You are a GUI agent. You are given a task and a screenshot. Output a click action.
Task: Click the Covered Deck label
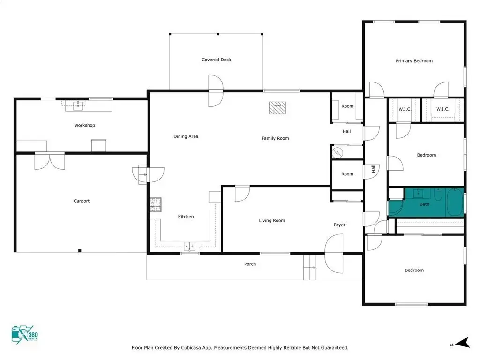(x=216, y=60)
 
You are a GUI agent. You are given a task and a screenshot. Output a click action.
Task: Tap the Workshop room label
(x=84, y=125)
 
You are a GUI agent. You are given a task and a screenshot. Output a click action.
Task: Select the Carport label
(x=82, y=201)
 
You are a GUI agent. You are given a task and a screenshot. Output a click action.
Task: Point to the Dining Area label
(x=186, y=136)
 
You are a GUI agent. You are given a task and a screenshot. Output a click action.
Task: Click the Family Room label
(x=275, y=138)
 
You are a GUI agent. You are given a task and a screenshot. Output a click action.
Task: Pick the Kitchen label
(x=186, y=217)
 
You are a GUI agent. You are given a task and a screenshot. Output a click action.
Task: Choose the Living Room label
(x=272, y=220)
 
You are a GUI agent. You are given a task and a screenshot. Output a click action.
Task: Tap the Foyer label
(x=339, y=225)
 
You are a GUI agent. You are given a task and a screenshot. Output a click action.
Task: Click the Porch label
(x=250, y=264)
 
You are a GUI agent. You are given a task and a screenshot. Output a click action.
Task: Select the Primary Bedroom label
(x=414, y=61)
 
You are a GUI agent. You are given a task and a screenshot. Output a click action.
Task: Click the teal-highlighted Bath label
(x=425, y=204)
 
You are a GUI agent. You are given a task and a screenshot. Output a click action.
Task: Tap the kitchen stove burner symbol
(x=156, y=204)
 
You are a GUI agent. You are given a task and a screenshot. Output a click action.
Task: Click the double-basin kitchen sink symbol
(x=189, y=246)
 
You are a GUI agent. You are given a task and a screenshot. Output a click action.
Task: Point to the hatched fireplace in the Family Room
(x=277, y=108)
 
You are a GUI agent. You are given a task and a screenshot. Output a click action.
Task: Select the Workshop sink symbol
(x=78, y=106)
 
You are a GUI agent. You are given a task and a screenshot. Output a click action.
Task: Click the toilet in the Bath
(x=438, y=195)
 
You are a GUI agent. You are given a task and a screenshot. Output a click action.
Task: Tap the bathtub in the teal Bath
(x=455, y=202)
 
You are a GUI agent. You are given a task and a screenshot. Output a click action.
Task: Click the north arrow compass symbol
(x=462, y=343)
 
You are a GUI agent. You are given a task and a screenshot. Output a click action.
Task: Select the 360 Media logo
(x=25, y=335)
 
